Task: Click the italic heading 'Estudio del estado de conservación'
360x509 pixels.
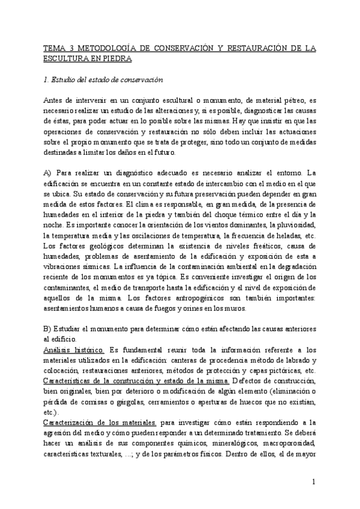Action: [107, 80]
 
